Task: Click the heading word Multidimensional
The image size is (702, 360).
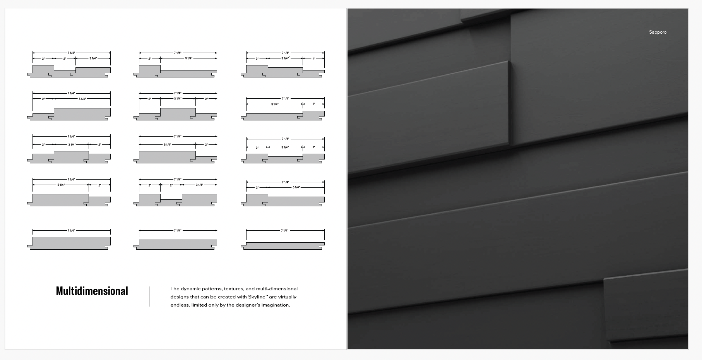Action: click(x=92, y=291)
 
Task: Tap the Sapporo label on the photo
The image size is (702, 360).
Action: click(x=657, y=32)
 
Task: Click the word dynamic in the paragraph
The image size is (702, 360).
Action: click(x=190, y=289)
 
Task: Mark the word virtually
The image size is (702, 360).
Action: click(x=287, y=297)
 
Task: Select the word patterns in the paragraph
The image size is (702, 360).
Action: click(x=212, y=289)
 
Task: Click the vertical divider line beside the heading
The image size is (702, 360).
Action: click(x=149, y=297)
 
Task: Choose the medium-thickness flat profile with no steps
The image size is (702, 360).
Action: click(x=176, y=244)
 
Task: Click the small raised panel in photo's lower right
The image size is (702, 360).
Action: click(x=644, y=308)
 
